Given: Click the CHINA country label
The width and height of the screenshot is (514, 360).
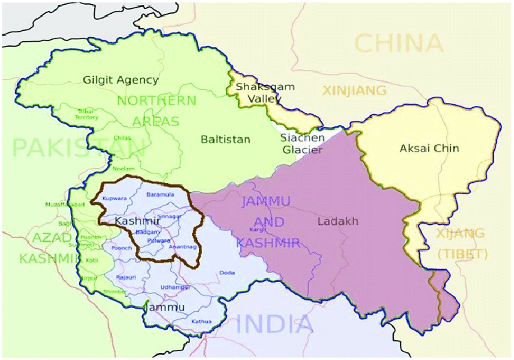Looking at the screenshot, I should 399,44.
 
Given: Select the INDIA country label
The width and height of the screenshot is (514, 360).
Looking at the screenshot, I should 275,324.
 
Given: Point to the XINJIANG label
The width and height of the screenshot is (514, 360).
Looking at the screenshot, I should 354,91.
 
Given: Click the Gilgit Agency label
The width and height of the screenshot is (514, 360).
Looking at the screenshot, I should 121,80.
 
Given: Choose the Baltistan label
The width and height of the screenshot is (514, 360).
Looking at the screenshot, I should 225,140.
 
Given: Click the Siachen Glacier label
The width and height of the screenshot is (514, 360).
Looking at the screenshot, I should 302,144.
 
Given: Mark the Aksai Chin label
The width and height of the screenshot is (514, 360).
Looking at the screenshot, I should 429,149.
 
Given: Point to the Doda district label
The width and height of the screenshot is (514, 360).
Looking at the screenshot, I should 227,273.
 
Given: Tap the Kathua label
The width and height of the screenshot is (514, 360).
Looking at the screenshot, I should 201,321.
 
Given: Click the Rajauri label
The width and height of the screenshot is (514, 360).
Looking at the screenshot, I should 126,277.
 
